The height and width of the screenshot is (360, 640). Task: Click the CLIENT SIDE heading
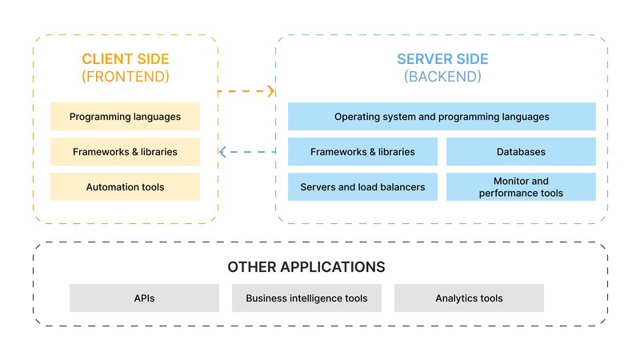pyautogui.click(x=125, y=59)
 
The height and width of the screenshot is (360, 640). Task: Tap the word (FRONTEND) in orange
pyautogui.click(x=125, y=77)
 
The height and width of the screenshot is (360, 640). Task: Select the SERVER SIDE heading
pyautogui.click(x=442, y=59)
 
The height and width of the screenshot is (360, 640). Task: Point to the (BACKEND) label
pyautogui.click(x=442, y=77)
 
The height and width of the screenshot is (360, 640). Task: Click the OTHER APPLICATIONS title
pyautogui.click(x=306, y=266)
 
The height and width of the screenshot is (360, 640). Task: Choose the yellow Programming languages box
pyautogui.click(x=125, y=117)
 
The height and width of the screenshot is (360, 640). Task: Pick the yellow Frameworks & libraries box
pyautogui.click(x=125, y=152)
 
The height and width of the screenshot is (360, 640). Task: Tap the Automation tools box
pyautogui.click(x=125, y=187)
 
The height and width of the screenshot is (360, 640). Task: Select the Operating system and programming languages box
pyautogui.click(x=442, y=117)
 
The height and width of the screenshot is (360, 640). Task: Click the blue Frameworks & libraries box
pyautogui.click(x=362, y=152)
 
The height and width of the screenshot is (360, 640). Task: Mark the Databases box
pyautogui.click(x=521, y=152)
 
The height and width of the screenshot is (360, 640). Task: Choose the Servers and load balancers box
pyautogui.click(x=362, y=187)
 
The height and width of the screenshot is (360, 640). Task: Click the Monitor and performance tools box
pyautogui.click(x=521, y=187)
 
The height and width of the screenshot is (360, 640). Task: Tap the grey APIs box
pyautogui.click(x=144, y=298)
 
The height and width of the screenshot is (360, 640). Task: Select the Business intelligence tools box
pyautogui.click(x=306, y=298)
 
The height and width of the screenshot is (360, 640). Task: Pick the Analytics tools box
pyautogui.click(x=469, y=298)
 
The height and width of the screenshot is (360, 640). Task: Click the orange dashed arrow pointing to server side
pyautogui.click(x=246, y=91)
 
